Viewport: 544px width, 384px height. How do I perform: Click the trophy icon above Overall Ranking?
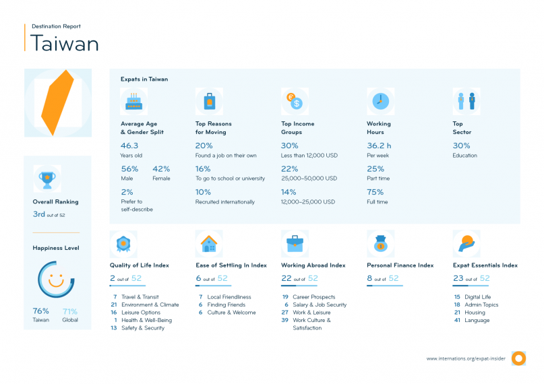click(47, 179)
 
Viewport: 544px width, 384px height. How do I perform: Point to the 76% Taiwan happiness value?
click(40, 311)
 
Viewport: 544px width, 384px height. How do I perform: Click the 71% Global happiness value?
click(70, 311)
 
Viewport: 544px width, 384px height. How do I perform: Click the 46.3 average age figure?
click(129, 146)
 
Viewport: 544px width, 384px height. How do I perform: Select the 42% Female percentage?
click(161, 169)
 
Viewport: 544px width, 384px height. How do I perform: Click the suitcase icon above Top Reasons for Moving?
click(209, 102)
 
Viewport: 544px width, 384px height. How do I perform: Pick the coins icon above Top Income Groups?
click(294, 102)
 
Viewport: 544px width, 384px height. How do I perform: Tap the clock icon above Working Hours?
click(380, 101)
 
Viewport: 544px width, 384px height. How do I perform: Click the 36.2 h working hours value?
click(380, 146)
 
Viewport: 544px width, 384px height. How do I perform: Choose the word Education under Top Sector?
click(464, 156)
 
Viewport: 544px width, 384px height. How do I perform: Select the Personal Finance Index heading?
click(400, 265)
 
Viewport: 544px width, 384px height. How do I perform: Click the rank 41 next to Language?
click(457, 320)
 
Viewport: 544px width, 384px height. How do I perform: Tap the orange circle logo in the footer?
click(518, 358)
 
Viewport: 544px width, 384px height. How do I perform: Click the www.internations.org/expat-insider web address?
click(464, 358)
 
